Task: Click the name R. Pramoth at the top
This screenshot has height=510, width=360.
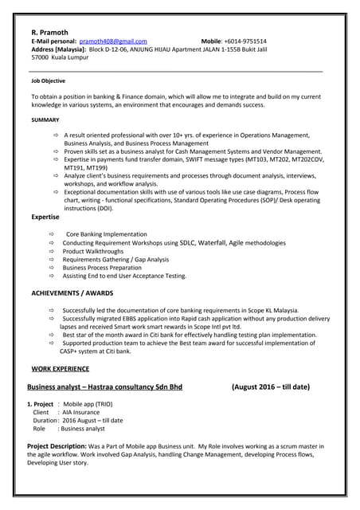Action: (50, 32)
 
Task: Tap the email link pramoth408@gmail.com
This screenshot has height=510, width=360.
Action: (113, 41)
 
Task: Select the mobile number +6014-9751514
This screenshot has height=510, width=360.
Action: (244, 41)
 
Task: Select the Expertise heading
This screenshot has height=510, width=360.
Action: (45, 217)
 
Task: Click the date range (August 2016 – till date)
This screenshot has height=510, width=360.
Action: (270, 387)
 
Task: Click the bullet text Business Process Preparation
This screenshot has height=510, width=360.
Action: (102, 268)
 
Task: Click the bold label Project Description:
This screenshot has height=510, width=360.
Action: (62, 445)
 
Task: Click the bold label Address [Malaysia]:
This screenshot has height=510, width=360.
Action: (58, 49)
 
